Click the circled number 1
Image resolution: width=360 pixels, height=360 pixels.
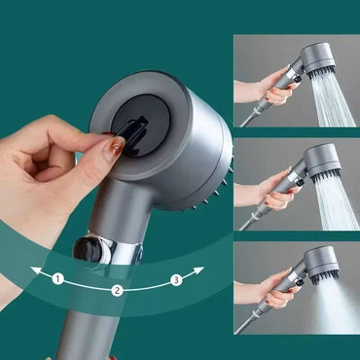[58, 279]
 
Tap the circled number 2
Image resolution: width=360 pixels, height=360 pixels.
[117, 290]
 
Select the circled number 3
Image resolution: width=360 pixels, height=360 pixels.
[176, 280]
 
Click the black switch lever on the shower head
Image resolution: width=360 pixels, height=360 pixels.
[134, 126]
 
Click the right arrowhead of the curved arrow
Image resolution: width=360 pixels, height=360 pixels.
[199, 270]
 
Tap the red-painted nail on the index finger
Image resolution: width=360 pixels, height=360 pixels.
[115, 148]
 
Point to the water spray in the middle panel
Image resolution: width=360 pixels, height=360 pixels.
[337, 203]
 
